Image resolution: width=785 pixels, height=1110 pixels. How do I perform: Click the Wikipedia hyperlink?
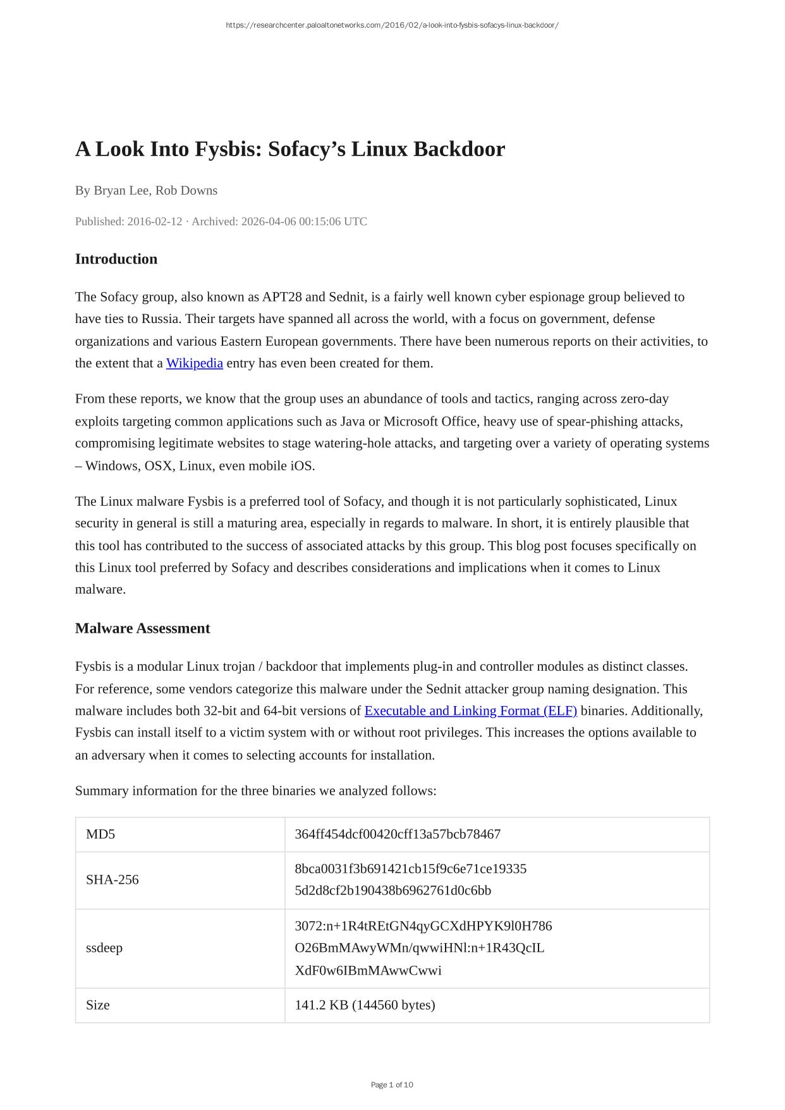click(194, 363)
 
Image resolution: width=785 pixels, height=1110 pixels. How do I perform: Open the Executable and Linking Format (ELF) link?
click(470, 711)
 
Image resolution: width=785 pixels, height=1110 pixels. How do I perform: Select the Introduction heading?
click(116, 259)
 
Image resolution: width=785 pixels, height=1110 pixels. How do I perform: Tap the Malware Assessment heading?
click(142, 628)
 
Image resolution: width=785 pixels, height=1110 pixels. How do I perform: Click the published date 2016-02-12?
click(154, 221)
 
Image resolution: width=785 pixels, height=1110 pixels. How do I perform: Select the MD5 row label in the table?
click(100, 834)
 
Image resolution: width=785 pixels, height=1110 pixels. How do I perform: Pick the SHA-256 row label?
click(112, 880)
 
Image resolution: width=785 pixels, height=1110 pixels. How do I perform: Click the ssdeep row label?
click(104, 948)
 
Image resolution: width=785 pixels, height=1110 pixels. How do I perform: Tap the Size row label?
click(98, 1005)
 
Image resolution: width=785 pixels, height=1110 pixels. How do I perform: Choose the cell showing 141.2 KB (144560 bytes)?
click(365, 1005)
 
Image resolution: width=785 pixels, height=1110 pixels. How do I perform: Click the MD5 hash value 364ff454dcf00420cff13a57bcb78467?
click(398, 834)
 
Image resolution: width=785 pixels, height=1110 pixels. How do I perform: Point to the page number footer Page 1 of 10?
click(392, 1085)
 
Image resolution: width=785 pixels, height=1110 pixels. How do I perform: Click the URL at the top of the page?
click(392, 25)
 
